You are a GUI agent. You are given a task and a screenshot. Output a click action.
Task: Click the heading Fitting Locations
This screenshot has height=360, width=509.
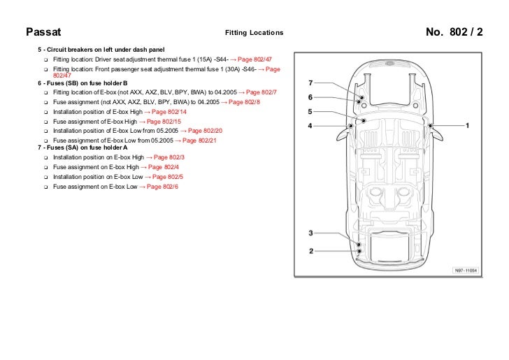click(254, 33)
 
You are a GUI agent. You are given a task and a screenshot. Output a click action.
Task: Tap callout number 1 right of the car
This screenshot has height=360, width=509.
click(467, 126)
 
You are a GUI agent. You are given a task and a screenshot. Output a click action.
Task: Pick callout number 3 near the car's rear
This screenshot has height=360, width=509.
click(311, 233)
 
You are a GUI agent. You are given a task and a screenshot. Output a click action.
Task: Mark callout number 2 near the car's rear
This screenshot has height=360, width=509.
click(311, 250)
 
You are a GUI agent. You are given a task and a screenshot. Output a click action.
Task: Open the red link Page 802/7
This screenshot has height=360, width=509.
click(262, 92)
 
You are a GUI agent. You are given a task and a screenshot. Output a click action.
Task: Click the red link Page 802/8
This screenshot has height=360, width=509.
click(245, 102)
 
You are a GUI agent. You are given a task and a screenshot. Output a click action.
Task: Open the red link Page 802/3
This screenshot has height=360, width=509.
click(169, 158)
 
